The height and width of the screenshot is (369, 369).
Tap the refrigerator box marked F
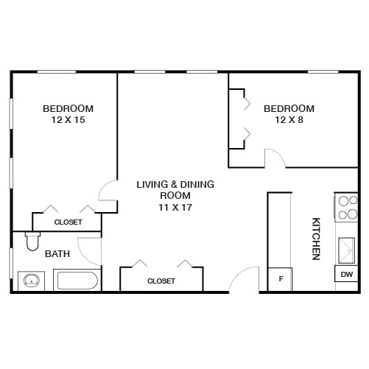point(280,279)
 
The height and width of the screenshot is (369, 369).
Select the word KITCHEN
point(316,238)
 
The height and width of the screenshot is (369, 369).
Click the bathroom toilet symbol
point(32,240)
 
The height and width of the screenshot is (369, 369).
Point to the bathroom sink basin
point(32,281)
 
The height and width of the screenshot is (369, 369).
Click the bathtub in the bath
point(77,281)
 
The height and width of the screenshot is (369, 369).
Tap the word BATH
point(57,254)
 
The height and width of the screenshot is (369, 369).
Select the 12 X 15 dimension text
point(68,119)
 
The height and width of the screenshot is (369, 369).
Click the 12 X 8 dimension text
point(289,119)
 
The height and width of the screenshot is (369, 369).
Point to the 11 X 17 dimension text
point(175,207)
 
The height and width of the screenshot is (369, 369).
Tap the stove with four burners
point(345,208)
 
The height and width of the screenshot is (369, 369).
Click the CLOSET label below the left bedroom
point(68,222)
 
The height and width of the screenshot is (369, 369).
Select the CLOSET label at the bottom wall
point(161,281)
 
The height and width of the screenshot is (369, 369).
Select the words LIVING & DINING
point(175,184)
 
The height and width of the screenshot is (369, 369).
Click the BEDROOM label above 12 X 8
point(289,108)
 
